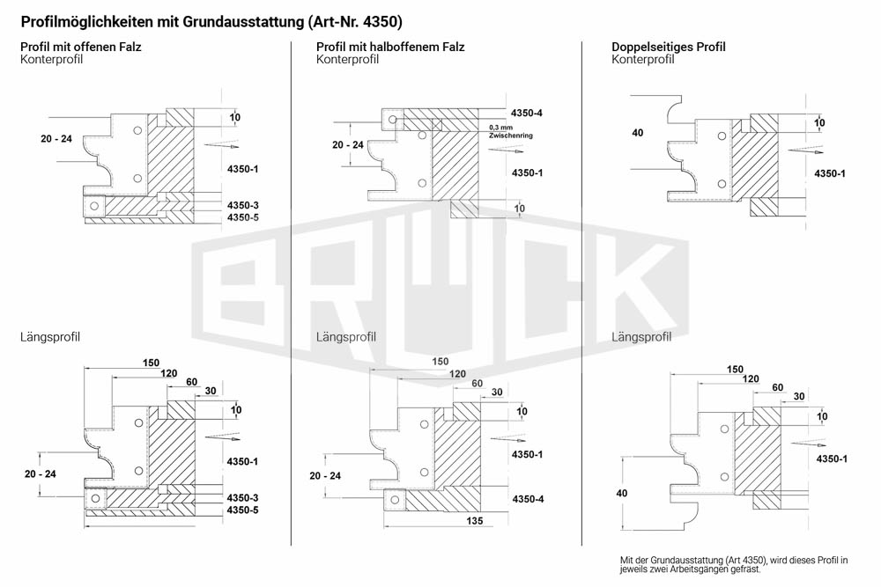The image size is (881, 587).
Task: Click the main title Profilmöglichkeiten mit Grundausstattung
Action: pos(162,22)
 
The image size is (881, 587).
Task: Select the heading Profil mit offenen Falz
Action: pos(81,47)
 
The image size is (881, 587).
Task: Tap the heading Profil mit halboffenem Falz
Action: pos(390,47)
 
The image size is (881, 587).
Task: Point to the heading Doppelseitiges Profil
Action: pos(669,47)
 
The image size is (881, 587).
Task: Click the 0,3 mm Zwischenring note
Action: pos(511,131)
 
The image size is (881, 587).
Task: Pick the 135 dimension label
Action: pos(475,521)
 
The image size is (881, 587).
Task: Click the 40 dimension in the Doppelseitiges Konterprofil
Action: pos(638,133)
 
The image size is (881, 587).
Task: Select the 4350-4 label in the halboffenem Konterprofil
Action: pos(527,113)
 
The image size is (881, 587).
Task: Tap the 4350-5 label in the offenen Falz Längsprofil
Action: pos(243,510)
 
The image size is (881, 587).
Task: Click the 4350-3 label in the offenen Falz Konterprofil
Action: pos(243,205)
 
